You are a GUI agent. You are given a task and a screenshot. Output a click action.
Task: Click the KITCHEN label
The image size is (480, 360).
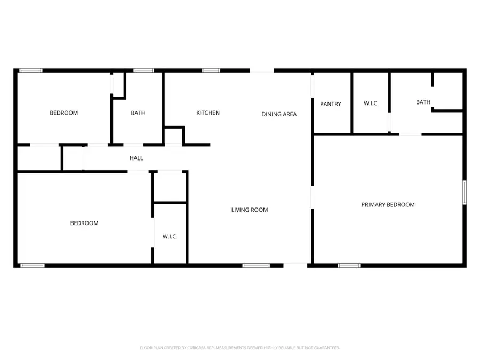click(x=208, y=113)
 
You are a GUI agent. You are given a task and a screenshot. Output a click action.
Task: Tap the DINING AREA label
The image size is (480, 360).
click(x=279, y=114)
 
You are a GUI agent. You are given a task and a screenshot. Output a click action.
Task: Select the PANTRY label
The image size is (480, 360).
click(x=331, y=104)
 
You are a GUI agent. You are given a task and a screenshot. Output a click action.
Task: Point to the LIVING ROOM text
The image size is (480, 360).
click(x=250, y=210)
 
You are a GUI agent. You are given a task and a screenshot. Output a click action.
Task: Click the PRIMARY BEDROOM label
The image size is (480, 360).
click(x=388, y=205)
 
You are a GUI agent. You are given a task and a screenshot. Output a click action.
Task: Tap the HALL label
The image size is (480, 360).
click(x=137, y=158)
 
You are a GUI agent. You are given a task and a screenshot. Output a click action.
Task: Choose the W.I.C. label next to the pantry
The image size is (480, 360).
click(x=371, y=103)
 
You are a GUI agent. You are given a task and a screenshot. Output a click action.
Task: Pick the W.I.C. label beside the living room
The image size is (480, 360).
click(x=170, y=237)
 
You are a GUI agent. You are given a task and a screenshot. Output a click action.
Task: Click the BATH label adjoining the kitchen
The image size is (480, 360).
click(x=138, y=113)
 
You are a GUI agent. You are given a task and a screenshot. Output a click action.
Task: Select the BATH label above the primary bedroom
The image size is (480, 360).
click(x=423, y=102)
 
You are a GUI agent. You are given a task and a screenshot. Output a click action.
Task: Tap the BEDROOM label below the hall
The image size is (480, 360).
click(x=84, y=223)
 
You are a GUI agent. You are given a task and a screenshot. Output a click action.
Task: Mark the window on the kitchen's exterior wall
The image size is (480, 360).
click(x=211, y=70)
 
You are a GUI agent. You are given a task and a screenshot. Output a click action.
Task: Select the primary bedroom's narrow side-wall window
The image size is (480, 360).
click(x=464, y=192)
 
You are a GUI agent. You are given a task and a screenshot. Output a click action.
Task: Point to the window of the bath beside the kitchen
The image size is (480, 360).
click(x=143, y=70)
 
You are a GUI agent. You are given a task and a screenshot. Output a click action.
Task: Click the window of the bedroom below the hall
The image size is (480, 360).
click(x=33, y=265)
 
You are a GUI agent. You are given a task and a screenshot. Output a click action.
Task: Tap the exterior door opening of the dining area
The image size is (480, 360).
click(x=262, y=70)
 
